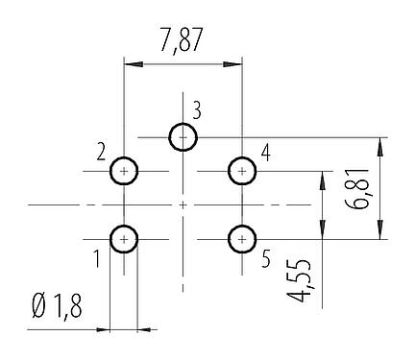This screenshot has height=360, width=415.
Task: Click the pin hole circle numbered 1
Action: pyautogui.click(x=125, y=237)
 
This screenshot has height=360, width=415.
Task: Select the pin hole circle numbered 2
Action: pyautogui.click(x=125, y=172)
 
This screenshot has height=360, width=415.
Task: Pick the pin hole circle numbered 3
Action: pyautogui.click(x=183, y=138)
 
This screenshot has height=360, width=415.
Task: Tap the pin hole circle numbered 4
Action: pyautogui.click(x=241, y=172)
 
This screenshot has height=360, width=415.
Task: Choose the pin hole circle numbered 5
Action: pyautogui.click(x=241, y=237)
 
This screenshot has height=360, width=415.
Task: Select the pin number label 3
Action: pyautogui.click(x=196, y=109)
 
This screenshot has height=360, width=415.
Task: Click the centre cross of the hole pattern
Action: pyautogui.click(x=183, y=204)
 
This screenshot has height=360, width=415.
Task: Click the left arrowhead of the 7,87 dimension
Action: pyautogui.click(x=131, y=64)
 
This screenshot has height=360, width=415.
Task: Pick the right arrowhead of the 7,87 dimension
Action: pyautogui.click(x=235, y=64)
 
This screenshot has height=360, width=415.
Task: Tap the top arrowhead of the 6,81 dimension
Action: pyautogui.click(x=382, y=144)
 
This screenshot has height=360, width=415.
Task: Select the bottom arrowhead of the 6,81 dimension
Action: pyautogui.click(x=382, y=231)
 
